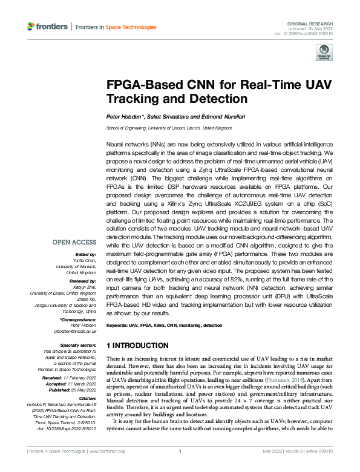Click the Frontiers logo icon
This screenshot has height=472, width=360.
(x=32, y=27)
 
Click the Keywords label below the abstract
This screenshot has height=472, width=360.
(x=117, y=326)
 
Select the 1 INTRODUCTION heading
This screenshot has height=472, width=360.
(x=137, y=346)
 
